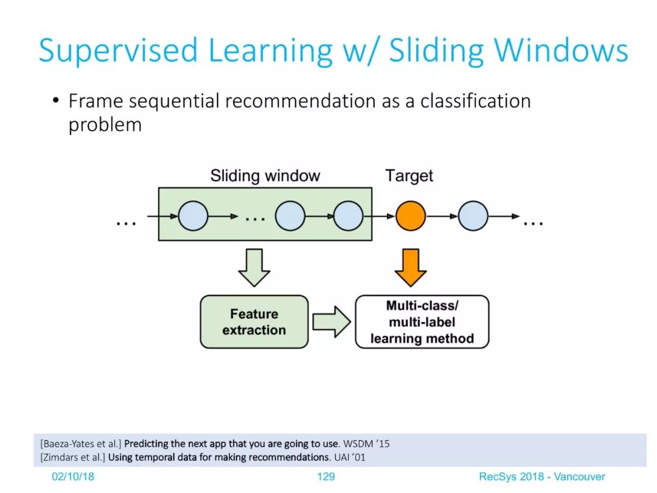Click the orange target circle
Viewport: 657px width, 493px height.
[411, 216]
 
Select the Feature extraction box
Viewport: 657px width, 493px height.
[254, 321]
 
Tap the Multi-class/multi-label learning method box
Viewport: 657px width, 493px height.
[422, 321]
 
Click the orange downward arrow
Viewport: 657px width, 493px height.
[411, 267]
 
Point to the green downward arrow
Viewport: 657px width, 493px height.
[254, 267]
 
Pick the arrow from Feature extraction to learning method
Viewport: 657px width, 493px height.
[332, 321]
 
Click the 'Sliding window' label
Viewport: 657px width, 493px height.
[265, 176]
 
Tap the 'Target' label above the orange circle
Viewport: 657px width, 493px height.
[409, 176]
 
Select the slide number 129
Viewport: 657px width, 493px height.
[326, 477]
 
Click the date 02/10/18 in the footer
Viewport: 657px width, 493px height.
[73, 477]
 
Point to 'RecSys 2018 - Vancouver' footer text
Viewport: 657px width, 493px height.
[542, 477]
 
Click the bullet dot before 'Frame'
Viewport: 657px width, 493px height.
[56, 100]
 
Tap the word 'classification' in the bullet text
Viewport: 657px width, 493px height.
[476, 101]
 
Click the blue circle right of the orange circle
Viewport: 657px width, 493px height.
[473, 216]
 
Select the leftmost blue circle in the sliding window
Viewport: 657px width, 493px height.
[193, 216]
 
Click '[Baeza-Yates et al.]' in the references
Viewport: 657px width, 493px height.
[81, 444]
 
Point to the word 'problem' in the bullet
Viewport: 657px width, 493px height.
[105, 125]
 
